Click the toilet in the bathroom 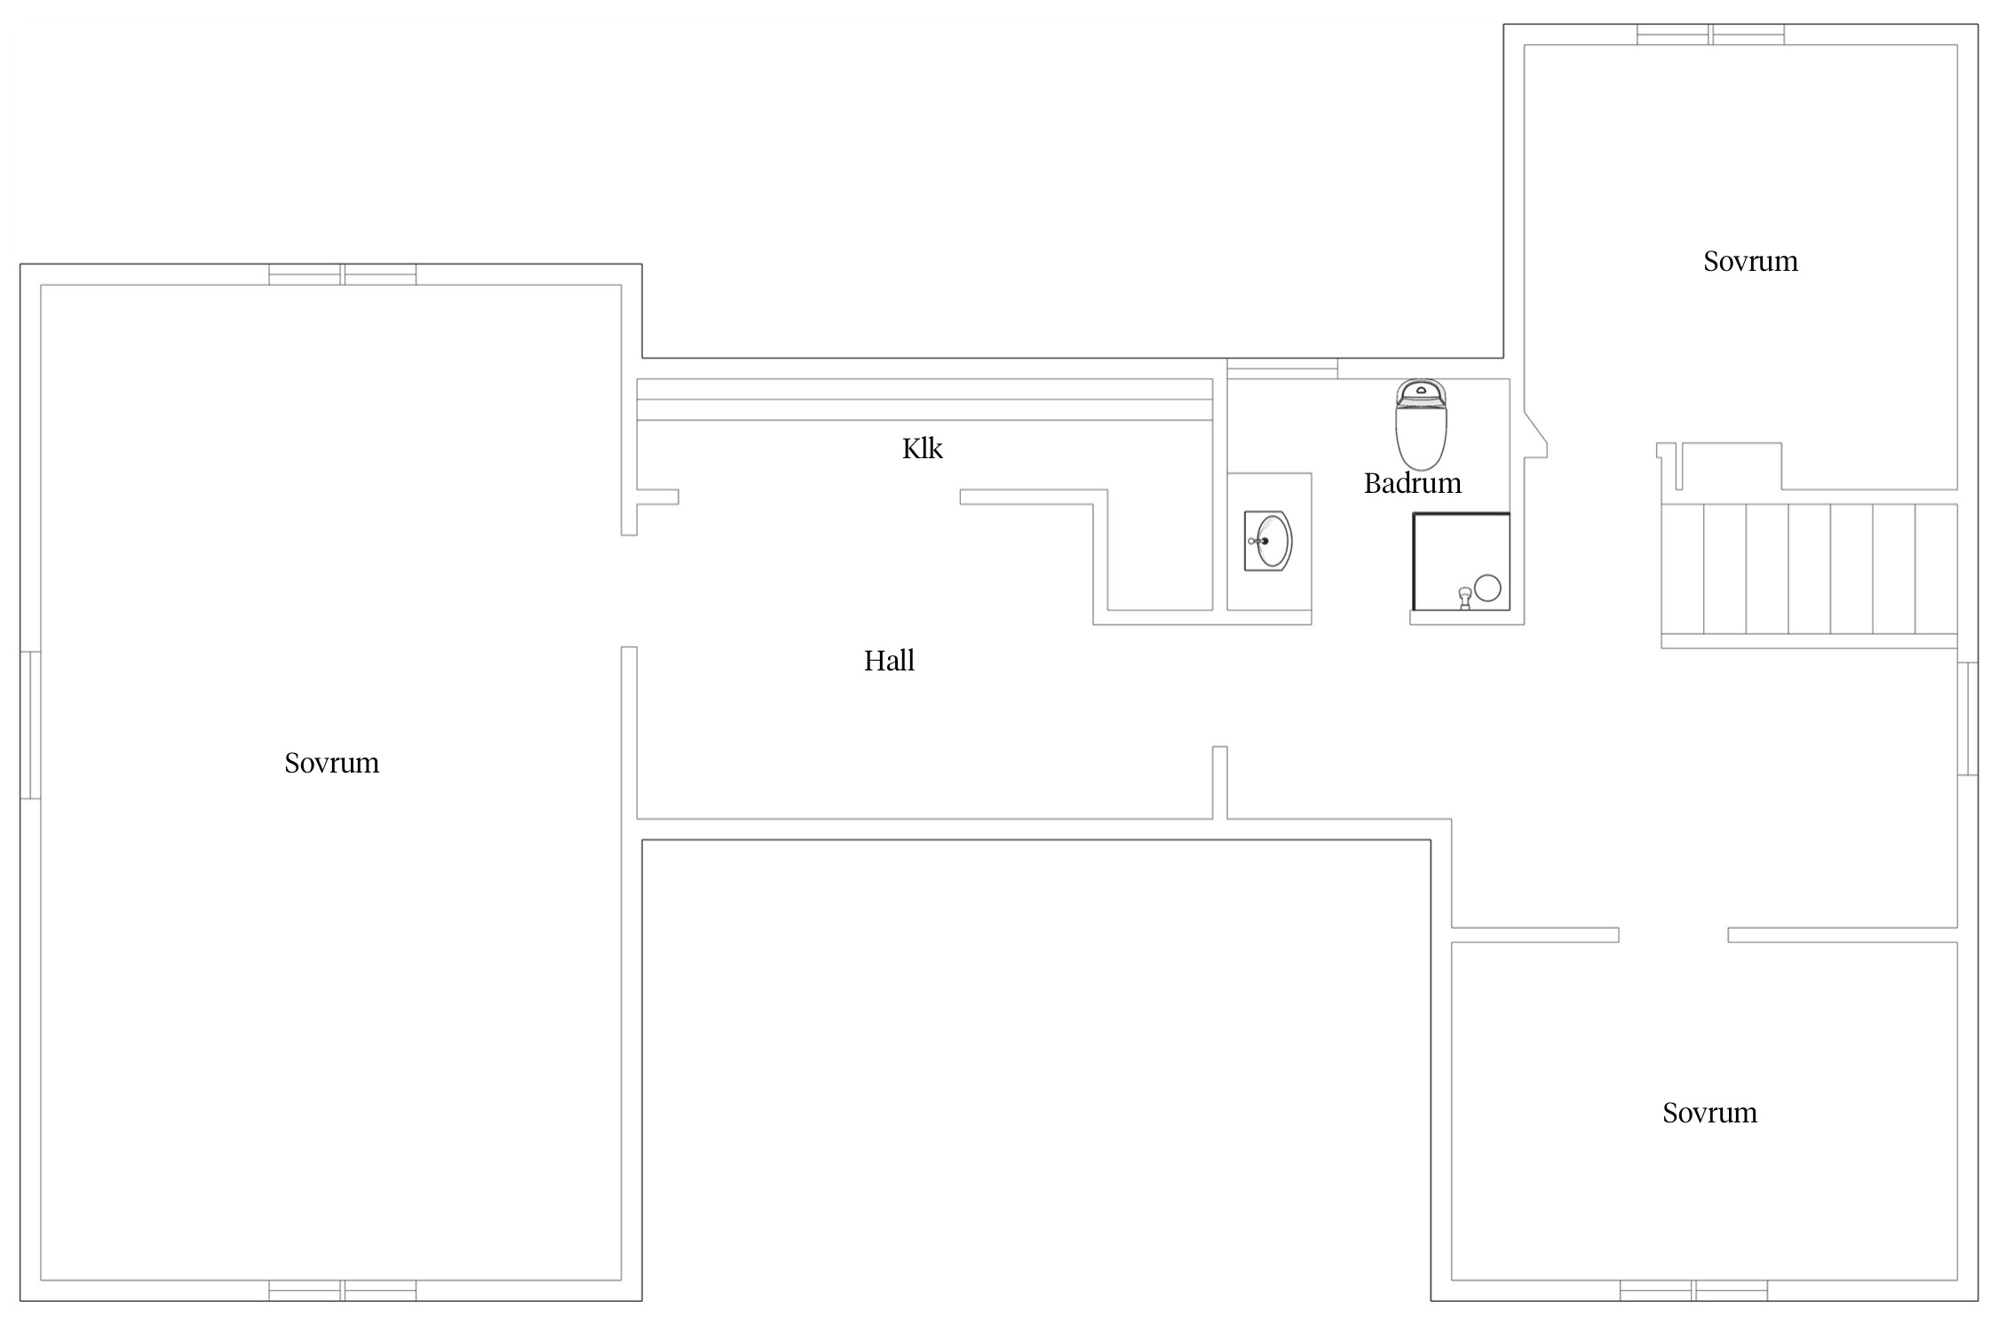pyautogui.click(x=1421, y=424)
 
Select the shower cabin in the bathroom pyautogui.click(x=1461, y=561)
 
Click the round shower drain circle pyautogui.click(x=1487, y=588)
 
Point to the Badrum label pyautogui.click(x=1412, y=483)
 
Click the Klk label pyautogui.click(x=922, y=448)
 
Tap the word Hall pyautogui.click(x=889, y=661)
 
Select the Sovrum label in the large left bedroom pyautogui.click(x=331, y=763)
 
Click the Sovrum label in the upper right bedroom pyautogui.click(x=1750, y=261)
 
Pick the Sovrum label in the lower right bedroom pyautogui.click(x=1709, y=1113)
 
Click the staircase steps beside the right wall pyautogui.click(x=1809, y=568)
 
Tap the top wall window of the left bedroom pyautogui.click(x=343, y=274)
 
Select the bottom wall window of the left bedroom pyautogui.click(x=343, y=1290)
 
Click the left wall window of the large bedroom pyautogui.click(x=30, y=725)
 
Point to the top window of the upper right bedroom pyautogui.click(x=1710, y=35)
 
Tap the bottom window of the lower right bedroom pyautogui.click(x=1693, y=1290)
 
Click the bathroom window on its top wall pyautogui.click(x=1282, y=369)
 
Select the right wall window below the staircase pyautogui.click(x=1967, y=718)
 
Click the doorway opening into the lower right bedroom pyautogui.click(x=1673, y=935)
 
